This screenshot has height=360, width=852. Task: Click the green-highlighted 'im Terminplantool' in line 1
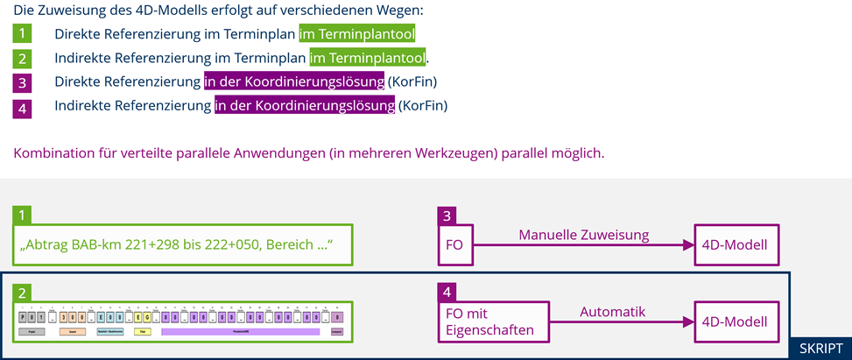(x=356, y=34)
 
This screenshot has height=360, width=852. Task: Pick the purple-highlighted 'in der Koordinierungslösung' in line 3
(x=293, y=82)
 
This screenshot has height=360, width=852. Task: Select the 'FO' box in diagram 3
(x=454, y=244)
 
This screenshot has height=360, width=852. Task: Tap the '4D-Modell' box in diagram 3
(x=735, y=244)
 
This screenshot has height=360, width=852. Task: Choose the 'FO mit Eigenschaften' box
(x=493, y=321)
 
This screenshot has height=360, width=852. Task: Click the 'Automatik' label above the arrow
(x=612, y=311)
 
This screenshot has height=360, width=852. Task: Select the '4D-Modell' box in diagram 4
(x=735, y=321)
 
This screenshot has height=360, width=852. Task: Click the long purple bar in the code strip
(x=240, y=332)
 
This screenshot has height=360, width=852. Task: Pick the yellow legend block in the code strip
(x=142, y=332)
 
